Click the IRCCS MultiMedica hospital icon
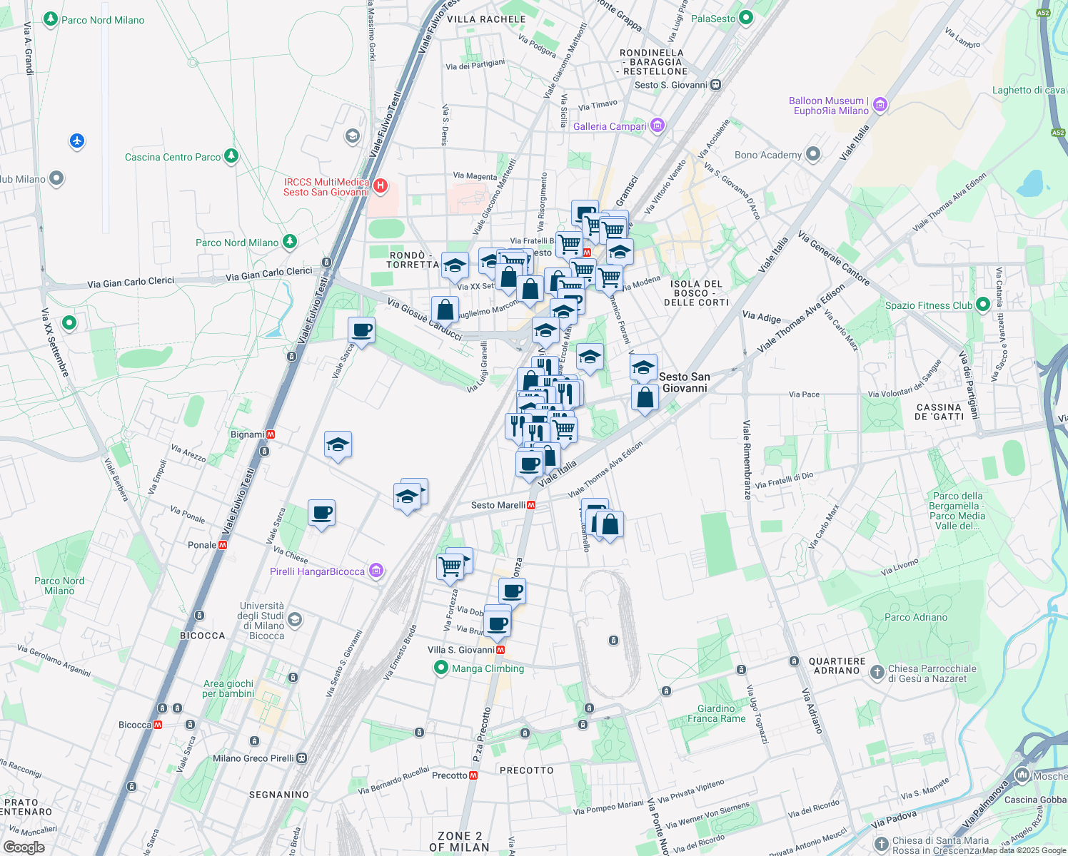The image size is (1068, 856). tap(381, 187)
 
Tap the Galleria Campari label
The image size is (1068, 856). tap(609, 126)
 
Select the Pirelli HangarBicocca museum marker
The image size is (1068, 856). tap(376, 571)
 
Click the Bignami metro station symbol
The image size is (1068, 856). tap(270, 434)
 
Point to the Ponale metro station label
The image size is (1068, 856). tap(202, 545)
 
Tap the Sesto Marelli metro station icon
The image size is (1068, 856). tap(531, 505)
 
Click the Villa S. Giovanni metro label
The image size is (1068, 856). tap(461, 650)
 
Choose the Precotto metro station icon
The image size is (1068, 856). tap(473, 775)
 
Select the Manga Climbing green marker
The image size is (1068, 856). tap(441, 668)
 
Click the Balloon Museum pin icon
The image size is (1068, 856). tap(880, 106)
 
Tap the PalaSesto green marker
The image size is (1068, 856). tap(746, 18)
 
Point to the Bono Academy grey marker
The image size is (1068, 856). tap(813, 154)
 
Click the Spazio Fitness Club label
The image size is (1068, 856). tap(928, 305)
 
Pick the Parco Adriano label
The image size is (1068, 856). tap(916, 617)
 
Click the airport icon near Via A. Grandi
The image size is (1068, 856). tap(77, 141)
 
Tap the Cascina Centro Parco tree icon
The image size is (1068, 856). tap(231, 156)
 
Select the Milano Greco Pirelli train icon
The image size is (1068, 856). tap(302, 758)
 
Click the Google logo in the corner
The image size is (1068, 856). tap(24, 847)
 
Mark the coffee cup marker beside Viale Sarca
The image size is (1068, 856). tap(361, 331)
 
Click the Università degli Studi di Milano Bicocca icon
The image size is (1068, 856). tap(295, 620)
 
